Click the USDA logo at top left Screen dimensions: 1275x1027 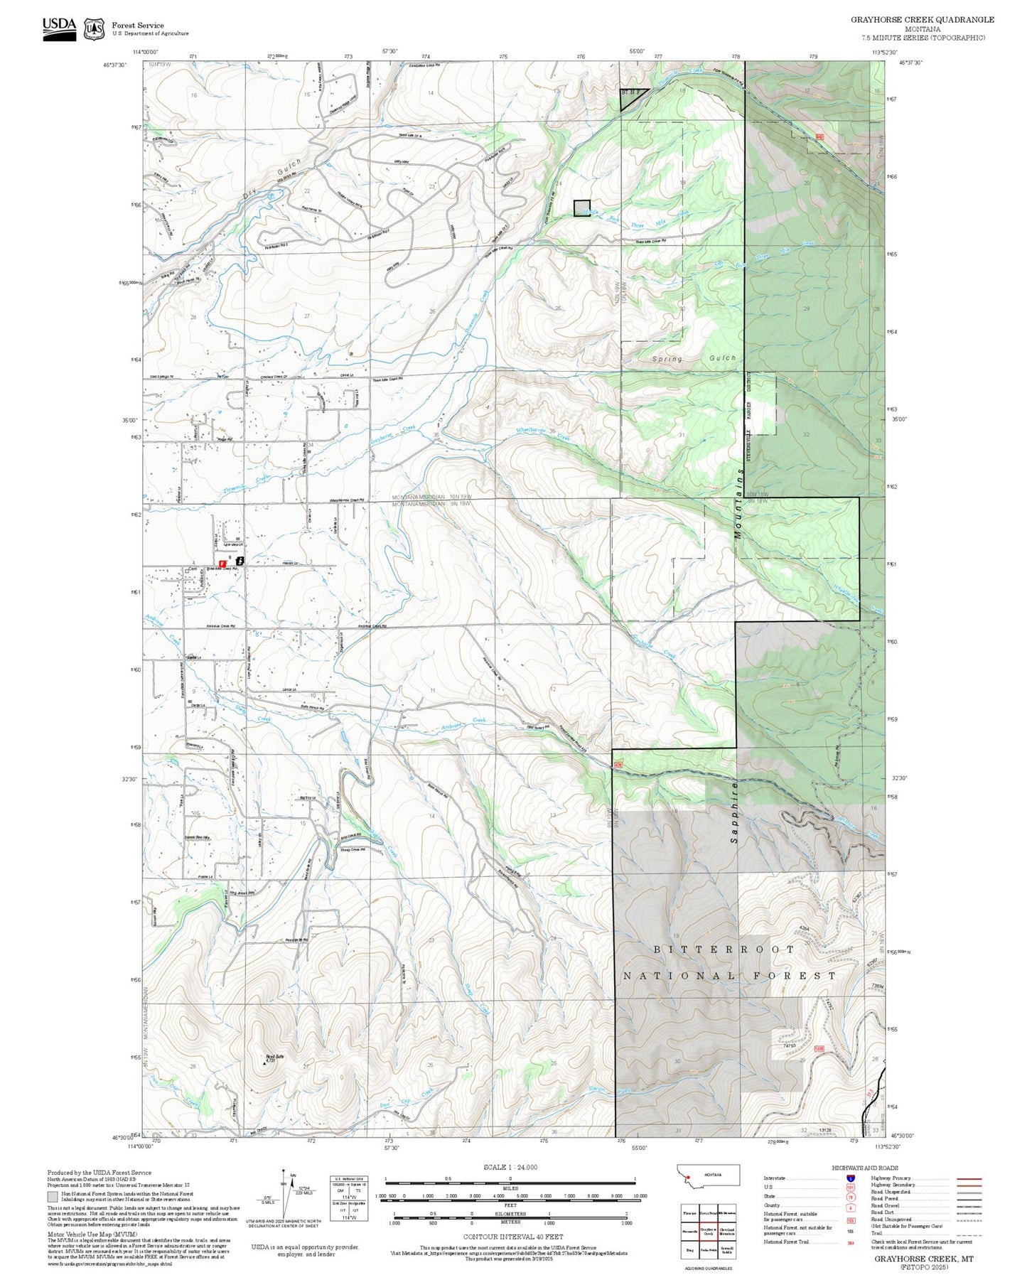pyautogui.click(x=59, y=28)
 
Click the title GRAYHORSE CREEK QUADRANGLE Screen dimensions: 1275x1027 pyautogui.click(x=922, y=20)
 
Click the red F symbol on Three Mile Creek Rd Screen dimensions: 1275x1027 pyautogui.click(x=222, y=563)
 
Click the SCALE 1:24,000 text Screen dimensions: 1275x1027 pyautogui.click(x=510, y=1167)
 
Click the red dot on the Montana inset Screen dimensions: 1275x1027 pyautogui.click(x=688, y=1177)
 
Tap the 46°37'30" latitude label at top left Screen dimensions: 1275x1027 pyautogui.click(x=114, y=65)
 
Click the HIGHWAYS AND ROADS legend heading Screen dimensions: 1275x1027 pyautogui.click(x=864, y=1168)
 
